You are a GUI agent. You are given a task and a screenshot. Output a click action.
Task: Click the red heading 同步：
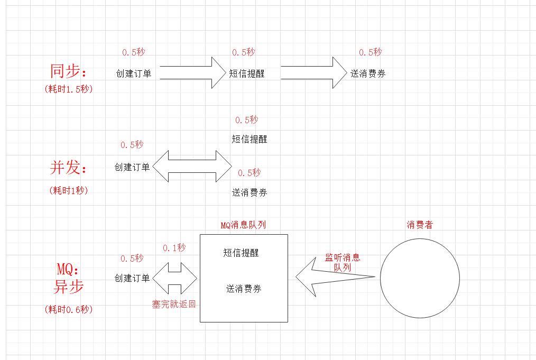click(x=68, y=71)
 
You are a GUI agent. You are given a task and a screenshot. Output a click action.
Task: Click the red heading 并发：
click(x=68, y=168)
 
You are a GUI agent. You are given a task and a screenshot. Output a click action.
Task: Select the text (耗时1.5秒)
click(x=69, y=89)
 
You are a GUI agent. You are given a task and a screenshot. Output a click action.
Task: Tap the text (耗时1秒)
click(x=69, y=190)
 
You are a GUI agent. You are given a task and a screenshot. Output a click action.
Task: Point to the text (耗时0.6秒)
click(x=69, y=310)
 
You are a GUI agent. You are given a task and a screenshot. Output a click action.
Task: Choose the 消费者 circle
click(x=420, y=278)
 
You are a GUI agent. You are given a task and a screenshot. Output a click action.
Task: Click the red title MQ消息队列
click(x=243, y=225)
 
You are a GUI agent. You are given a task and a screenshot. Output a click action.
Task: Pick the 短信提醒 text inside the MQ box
click(x=241, y=253)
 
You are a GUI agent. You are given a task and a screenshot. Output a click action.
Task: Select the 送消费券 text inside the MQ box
click(x=244, y=289)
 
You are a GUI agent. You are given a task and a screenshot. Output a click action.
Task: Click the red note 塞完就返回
click(x=174, y=304)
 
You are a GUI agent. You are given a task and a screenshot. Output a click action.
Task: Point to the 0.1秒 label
click(x=174, y=247)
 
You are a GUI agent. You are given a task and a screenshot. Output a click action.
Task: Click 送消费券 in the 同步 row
click(x=368, y=74)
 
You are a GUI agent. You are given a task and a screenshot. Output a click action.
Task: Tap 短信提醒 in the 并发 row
click(x=249, y=139)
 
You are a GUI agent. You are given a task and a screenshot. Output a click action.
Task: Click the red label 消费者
click(x=420, y=225)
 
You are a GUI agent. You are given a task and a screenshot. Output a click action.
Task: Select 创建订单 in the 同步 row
click(x=134, y=73)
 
